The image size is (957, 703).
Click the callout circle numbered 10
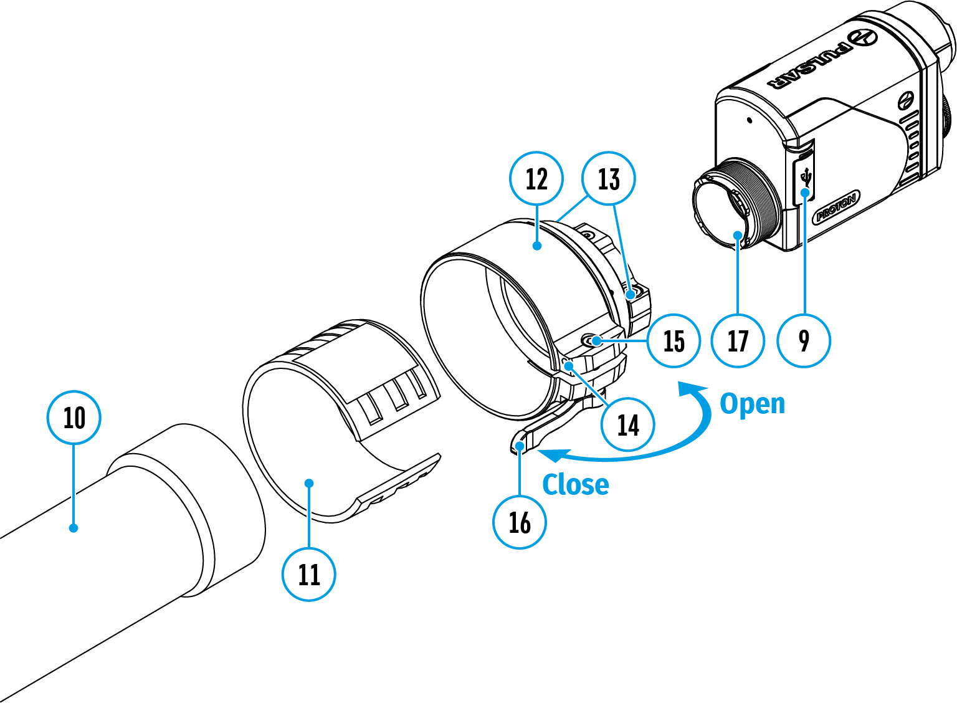coord(74,418)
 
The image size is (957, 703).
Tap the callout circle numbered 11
coord(309,574)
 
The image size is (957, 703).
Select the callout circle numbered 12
coord(536,179)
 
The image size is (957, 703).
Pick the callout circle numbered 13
coord(609,179)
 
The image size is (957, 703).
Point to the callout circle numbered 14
coord(628,425)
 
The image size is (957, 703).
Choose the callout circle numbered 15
coord(674,341)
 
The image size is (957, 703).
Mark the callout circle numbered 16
coord(520,522)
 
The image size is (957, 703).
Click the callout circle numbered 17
coord(738,341)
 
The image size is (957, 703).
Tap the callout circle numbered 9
coord(804,341)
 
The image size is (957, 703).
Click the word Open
coord(753,404)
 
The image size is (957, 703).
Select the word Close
coord(576,484)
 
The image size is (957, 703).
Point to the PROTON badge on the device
coord(837,208)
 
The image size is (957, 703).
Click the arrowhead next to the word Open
coord(692,389)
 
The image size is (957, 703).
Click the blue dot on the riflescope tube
coord(74,528)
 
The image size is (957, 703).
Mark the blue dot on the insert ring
coord(309,483)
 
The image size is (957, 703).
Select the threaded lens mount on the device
coord(757,199)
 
